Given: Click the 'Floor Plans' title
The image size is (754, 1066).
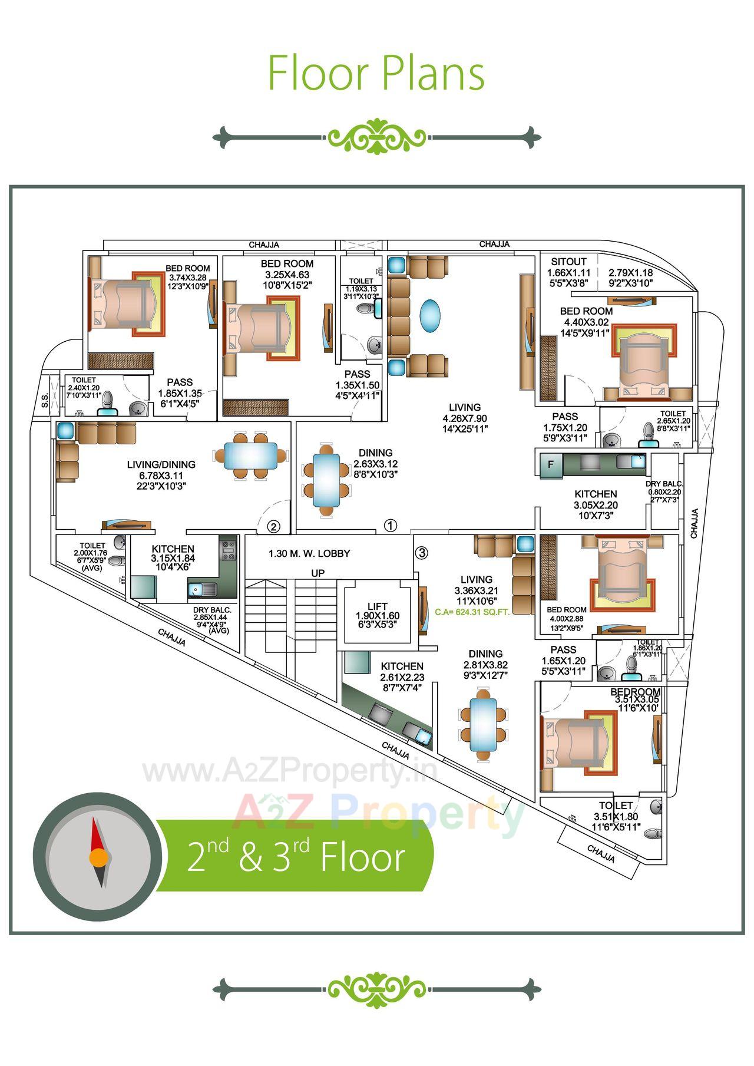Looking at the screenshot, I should [376, 73].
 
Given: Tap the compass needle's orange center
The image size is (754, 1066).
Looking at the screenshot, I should [98, 856].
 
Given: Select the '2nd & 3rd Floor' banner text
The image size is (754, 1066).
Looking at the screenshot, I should [296, 857].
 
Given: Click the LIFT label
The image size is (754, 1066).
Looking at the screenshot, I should [378, 606].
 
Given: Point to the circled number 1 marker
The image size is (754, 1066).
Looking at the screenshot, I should [390, 525].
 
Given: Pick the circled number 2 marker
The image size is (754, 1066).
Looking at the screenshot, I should [273, 526].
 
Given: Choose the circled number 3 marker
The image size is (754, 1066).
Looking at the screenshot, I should [421, 553].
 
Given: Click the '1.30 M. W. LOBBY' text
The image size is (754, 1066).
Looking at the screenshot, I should [309, 554].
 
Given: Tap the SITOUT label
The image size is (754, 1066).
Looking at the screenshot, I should [568, 262].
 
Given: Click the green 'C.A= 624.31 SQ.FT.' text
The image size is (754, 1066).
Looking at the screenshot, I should [472, 612].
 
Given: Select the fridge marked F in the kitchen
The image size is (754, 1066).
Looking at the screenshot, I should [551, 464].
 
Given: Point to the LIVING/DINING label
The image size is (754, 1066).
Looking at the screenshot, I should [161, 465].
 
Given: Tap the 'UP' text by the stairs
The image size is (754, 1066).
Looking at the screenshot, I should [318, 573].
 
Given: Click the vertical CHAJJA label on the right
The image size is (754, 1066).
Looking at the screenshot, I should [695, 523].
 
